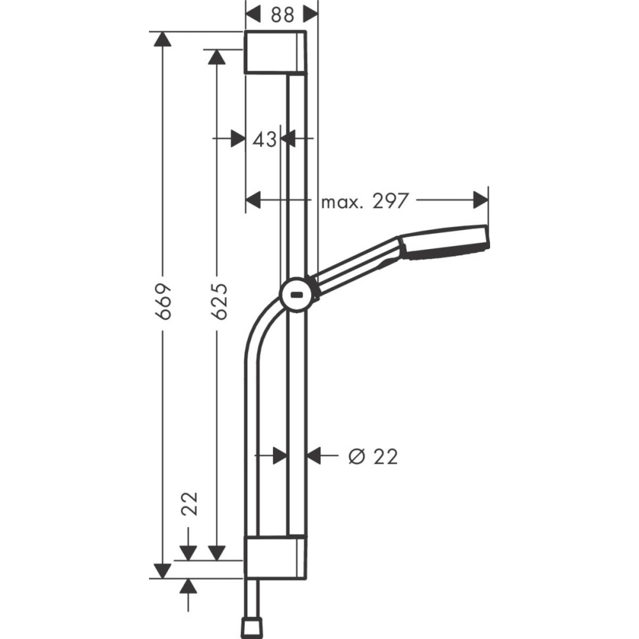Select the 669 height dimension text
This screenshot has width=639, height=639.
[164, 301]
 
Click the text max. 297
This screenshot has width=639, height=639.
[364, 202]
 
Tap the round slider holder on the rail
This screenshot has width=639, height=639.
[297, 296]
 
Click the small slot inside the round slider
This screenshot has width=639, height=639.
[297, 296]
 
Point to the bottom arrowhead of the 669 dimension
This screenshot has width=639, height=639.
[164, 569]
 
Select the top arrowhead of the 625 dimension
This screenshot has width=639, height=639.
[218, 57]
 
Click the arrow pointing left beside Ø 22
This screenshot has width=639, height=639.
[314, 455]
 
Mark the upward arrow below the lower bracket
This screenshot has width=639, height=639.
[188, 587]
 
